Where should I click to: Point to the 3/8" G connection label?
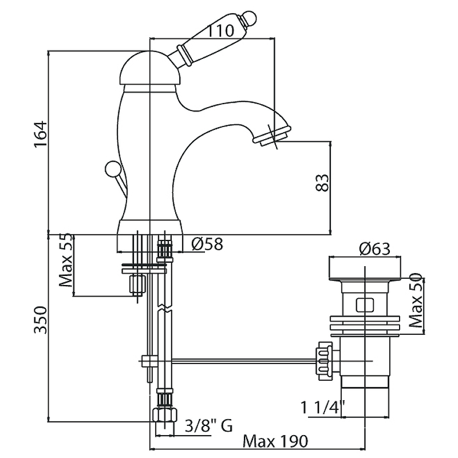point(209,425)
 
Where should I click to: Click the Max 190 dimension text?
point(275,441)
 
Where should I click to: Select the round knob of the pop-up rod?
point(112,168)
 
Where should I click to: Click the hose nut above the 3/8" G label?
point(164,414)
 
